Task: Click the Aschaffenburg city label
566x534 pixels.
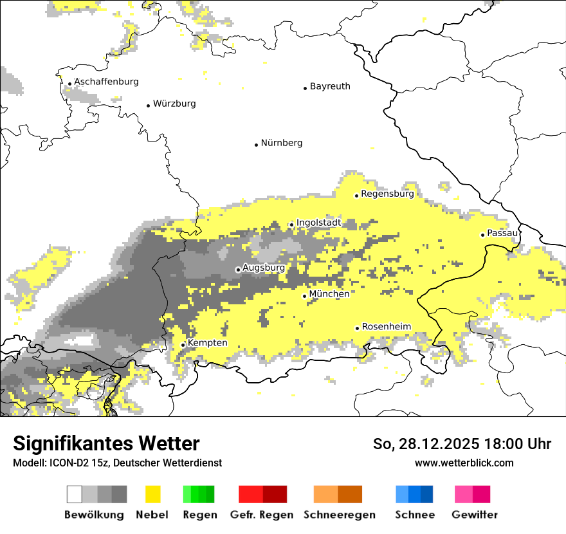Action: (106, 82)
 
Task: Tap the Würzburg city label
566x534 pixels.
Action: (174, 104)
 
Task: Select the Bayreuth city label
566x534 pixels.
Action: (330, 86)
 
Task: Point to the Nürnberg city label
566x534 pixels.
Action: (282, 143)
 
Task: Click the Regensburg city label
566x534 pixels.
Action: (387, 194)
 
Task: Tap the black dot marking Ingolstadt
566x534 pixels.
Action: (291, 225)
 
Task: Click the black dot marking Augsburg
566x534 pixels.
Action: (238, 270)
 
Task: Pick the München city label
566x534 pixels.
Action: (329, 294)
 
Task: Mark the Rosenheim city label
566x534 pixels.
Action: (386, 327)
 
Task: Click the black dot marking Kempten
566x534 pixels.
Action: (183, 345)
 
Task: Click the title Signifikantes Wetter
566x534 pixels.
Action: (106, 444)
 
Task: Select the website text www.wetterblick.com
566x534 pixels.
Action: (464, 463)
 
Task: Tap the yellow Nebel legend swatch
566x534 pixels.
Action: (152, 494)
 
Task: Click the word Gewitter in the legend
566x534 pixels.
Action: (474, 515)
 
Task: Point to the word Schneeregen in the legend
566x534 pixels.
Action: (339, 515)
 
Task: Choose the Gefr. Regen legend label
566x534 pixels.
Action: (262, 515)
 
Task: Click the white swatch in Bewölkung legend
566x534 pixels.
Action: (75, 494)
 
